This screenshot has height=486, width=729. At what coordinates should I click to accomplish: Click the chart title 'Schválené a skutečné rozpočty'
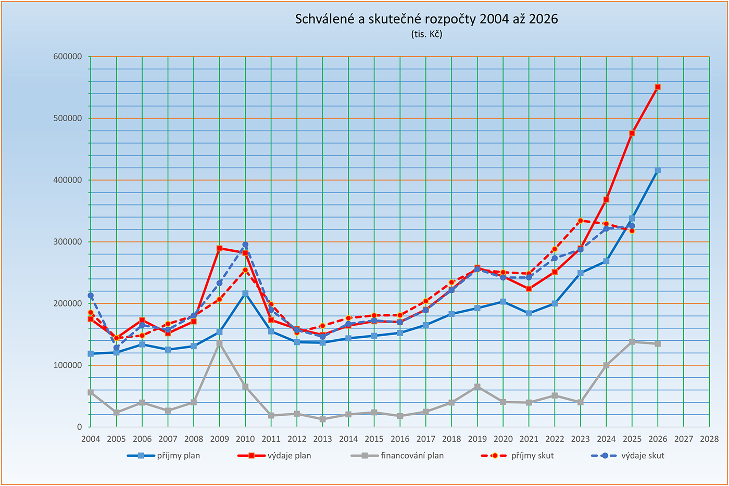coord(426,19)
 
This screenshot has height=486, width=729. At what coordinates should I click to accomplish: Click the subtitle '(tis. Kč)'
coord(426,34)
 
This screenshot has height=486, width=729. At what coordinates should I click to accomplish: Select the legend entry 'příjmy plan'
coord(178,456)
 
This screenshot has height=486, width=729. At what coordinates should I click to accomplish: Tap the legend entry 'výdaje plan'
coord(289,456)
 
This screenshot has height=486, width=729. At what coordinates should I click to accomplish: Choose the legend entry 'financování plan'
coord(412,456)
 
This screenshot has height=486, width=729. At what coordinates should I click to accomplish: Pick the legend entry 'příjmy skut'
coord(532,456)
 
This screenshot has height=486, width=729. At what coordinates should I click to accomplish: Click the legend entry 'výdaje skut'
coord(643,456)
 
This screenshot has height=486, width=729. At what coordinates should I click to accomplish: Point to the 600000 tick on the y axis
coord(68,57)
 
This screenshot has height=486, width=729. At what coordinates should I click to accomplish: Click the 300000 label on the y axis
coord(68,242)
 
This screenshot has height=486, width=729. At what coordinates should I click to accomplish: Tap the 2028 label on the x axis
coord(709,439)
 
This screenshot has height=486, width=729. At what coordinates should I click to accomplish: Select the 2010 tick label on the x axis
coord(245,439)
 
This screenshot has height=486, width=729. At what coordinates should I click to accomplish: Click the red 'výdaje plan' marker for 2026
coord(658,87)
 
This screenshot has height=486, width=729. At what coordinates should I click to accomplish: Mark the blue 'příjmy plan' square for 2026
coord(658,170)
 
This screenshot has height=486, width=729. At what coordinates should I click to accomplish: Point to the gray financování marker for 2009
coord(219,343)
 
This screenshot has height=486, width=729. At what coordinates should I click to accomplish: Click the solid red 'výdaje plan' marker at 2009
coord(219,248)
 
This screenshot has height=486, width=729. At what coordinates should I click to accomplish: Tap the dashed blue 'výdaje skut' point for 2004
coord(91,296)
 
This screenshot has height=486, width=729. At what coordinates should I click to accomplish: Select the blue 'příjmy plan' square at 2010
coord(245,293)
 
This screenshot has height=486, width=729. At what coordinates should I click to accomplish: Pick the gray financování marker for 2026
coord(658,344)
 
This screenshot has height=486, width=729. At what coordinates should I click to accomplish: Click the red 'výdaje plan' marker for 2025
coord(632,133)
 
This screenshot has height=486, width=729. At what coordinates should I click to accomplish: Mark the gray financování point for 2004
coord(91,392)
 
